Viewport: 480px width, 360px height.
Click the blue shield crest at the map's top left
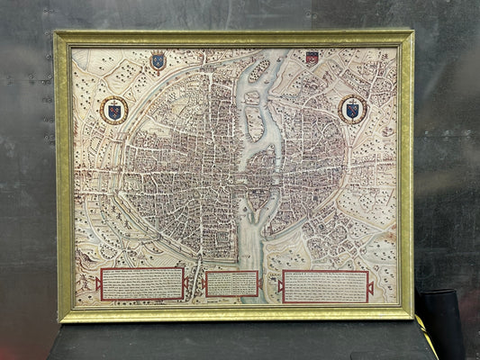click(158, 61)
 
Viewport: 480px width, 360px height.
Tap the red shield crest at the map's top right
click(312, 58)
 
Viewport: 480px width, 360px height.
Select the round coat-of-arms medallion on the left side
click(113, 110)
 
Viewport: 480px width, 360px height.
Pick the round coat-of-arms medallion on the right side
click(352, 109)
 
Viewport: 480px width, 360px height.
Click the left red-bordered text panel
click(142, 283)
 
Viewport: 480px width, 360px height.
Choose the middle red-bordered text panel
click(231, 283)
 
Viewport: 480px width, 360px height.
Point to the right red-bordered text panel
click(324, 286)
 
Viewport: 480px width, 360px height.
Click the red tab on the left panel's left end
click(97, 283)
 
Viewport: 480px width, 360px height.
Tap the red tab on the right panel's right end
click(370, 288)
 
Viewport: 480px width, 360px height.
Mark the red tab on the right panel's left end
click(280, 286)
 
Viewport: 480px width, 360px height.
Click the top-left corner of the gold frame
click(57, 34)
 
